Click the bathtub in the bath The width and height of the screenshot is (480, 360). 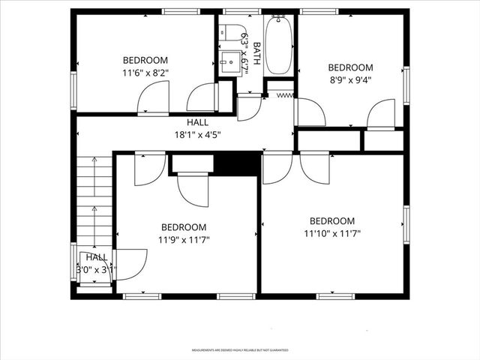pos(278,46)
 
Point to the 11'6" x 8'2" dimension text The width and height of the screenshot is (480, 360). pos(146,73)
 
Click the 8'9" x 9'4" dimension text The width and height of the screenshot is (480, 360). pos(350,80)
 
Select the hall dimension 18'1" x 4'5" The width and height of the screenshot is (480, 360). pos(198,135)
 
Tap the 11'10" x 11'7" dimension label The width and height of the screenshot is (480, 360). pos(332,234)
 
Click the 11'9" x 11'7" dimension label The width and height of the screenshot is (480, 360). pos(184,240)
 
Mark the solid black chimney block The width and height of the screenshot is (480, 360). pos(236,163)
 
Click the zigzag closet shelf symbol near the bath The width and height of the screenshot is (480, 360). pos(285,95)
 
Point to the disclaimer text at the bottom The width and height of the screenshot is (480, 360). pos(239,350)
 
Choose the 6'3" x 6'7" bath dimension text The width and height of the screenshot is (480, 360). pos(244,46)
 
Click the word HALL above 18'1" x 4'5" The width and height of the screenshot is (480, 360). pos(198,122)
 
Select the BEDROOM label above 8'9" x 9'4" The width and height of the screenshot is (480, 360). pos(350,67)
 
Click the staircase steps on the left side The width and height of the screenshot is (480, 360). pos(94,199)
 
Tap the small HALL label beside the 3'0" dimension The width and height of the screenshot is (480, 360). pos(96,256)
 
